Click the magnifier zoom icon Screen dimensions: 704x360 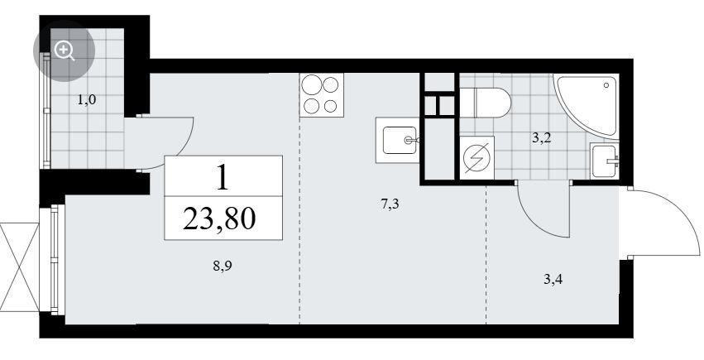click(65, 50)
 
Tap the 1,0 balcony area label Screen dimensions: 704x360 click(87, 100)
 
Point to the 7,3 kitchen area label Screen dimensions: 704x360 click(390, 205)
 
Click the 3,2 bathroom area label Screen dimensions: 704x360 click(542, 138)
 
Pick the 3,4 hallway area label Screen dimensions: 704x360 click(553, 280)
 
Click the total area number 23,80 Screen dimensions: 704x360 click(219, 218)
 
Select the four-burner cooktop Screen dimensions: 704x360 click(322, 95)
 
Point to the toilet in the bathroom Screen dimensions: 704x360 click(486, 103)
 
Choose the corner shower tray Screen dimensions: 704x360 click(586, 104)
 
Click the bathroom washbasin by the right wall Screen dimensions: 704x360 click(606, 161)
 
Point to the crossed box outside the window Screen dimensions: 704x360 click(20, 267)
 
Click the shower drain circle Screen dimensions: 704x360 click(606, 84)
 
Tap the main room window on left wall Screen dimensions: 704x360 click(55, 260)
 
